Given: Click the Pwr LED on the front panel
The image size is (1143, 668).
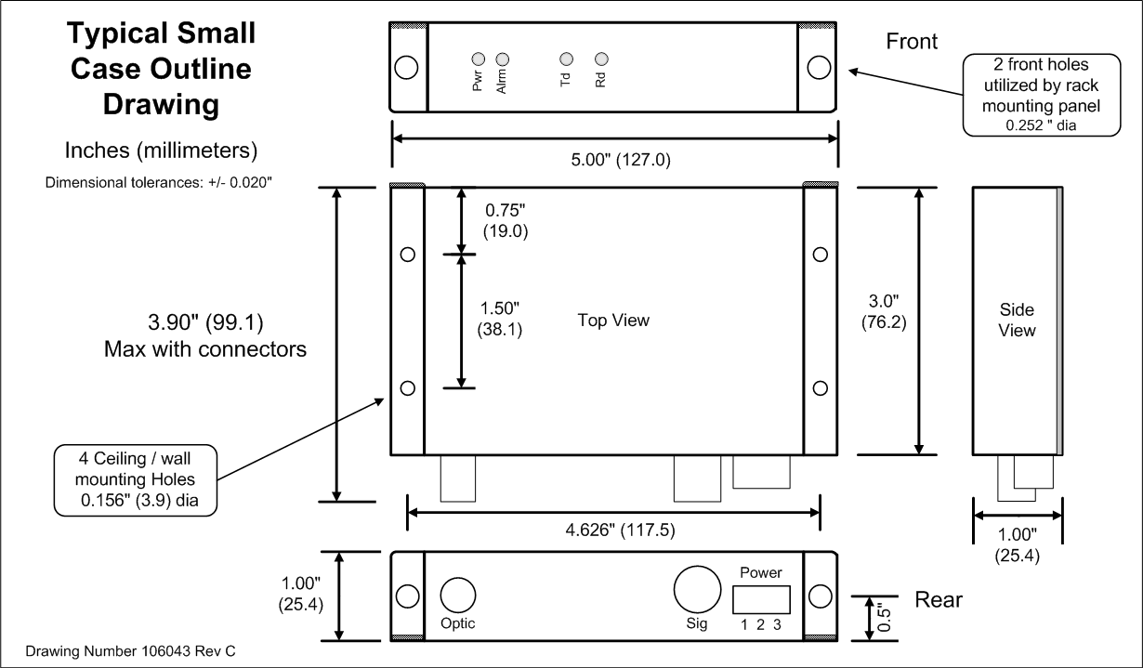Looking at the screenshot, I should pyautogui.click(x=478, y=58).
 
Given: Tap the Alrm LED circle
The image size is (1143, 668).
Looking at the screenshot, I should pyautogui.click(x=503, y=58).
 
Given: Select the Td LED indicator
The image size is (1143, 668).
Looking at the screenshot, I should pyautogui.click(x=564, y=58).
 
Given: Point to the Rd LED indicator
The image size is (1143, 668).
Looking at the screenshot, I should pyautogui.click(x=600, y=58).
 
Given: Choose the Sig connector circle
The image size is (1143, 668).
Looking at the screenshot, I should pyautogui.click(x=696, y=589).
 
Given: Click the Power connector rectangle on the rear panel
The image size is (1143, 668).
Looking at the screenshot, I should pyautogui.click(x=761, y=598).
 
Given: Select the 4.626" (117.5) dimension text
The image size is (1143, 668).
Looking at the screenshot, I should pyautogui.click(x=614, y=531).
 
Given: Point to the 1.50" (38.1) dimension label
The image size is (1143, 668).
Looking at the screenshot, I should pyautogui.click(x=499, y=318).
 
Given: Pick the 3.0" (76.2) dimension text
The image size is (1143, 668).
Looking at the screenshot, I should pyautogui.click(x=882, y=314).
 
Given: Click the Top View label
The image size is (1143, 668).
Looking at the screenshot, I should pyautogui.click(x=613, y=321).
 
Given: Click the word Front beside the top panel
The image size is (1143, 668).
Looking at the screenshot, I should pyautogui.click(x=912, y=42).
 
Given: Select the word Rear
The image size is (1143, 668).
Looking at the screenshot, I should pyautogui.click(x=939, y=599).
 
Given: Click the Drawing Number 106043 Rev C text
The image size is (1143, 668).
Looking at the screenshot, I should pyautogui.click(x=130, y=651).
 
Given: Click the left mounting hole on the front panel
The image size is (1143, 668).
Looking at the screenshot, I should pyautogui.click(x=406, y=68).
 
